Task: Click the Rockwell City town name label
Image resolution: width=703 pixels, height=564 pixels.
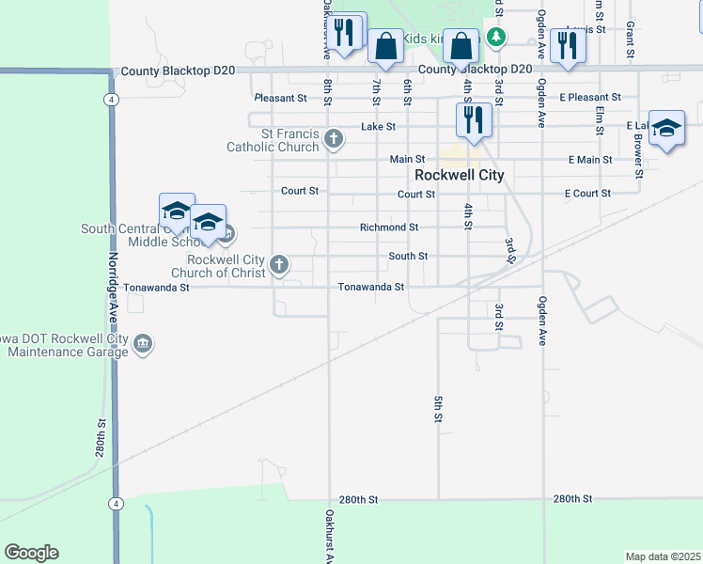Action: click(460, 175)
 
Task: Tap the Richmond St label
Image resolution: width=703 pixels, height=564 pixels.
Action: click(388, 227)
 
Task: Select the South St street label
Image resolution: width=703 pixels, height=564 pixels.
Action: click(408, 256)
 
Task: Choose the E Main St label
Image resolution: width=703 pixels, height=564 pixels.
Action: click(590, 160)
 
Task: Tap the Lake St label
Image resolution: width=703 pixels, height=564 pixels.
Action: click(378, 126)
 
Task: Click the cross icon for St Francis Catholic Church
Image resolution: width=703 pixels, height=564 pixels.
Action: click(333, 140)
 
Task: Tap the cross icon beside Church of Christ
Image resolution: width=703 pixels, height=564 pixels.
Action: click(279, 265)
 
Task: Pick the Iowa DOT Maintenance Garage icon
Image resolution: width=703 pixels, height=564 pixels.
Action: click(143, 344)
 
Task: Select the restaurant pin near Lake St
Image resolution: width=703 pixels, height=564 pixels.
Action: click(473, 119)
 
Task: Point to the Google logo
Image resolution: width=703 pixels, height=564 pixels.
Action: click(31, 553)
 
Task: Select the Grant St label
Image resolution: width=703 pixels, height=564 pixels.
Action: click(631, 37)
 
